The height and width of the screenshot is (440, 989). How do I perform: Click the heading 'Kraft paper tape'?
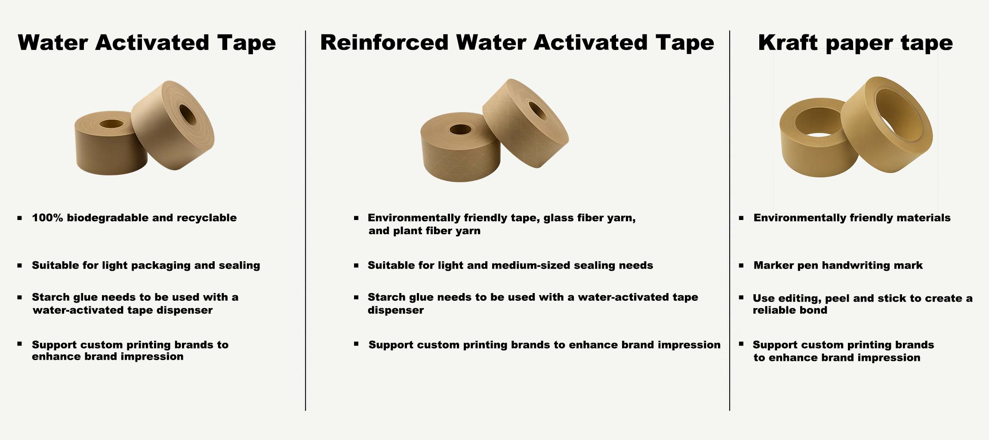click(855, 43)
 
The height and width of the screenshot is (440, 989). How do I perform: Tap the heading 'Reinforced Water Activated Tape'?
click(517, 43)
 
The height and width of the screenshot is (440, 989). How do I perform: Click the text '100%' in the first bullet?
click(47, 218)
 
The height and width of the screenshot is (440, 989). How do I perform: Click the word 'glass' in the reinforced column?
click(559, 218)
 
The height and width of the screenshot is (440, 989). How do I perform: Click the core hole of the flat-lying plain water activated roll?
click(111, 124)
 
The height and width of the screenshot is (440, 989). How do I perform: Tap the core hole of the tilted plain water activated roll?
click(188, 115)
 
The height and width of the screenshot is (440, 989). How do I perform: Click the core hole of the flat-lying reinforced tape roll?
click(460, 129)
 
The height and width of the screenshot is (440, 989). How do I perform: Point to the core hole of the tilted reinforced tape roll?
click(538, 111)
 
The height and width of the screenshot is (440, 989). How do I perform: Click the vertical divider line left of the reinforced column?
click(305, 220)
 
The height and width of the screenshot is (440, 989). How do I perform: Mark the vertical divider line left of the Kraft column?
click(730, 220)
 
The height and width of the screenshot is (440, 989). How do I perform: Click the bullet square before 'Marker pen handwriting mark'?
click(741, 266)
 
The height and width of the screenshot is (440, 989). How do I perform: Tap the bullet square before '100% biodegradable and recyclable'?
click(19, 218)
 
